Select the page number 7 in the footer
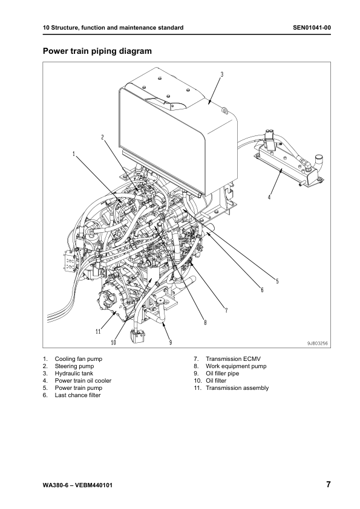[x=327, y=485]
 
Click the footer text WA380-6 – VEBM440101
[x=78, y=485]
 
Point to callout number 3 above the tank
[x=221, y=74]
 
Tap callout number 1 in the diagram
[x=74, y=154]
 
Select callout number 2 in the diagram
[x=103, y=137]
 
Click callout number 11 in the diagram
[x=97, y=331]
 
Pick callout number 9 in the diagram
[x=170, y=342]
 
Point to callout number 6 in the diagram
[x=262, y=290]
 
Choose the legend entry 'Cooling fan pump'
[x=78, y=358]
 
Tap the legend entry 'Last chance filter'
[x=78, y=395]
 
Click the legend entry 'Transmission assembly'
[x=237, y=388]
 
